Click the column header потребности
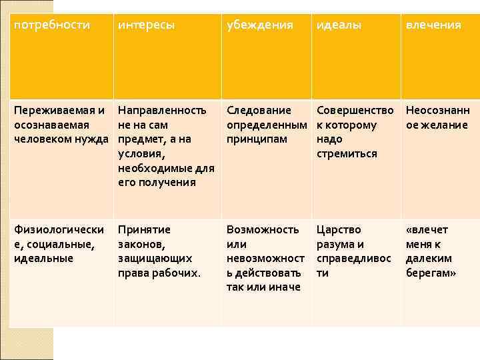pos(51,25)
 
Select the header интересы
pos(146,25)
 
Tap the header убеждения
pos(260,25)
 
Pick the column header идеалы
pos(339,25)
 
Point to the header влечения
pos(433,25)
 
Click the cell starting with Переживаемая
pos(61,125)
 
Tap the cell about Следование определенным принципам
pos(266,125)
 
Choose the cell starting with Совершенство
pos(355,132)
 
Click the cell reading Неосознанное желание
pos(438,118)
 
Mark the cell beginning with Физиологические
pos(59,243)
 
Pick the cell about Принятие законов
pos(159,251)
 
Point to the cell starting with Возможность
pos(265,258)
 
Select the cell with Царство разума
pos(354,251)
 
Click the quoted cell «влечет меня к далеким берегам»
pos(431,251)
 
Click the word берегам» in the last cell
pos(431,273)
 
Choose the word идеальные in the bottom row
pos(43,258)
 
